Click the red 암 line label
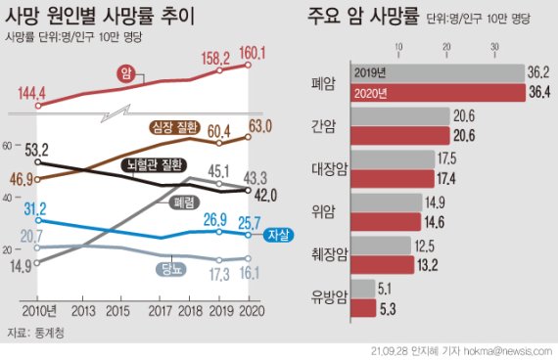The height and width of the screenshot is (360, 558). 124,73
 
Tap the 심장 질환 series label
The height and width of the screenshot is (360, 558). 175,126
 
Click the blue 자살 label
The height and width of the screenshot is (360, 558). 277,235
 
